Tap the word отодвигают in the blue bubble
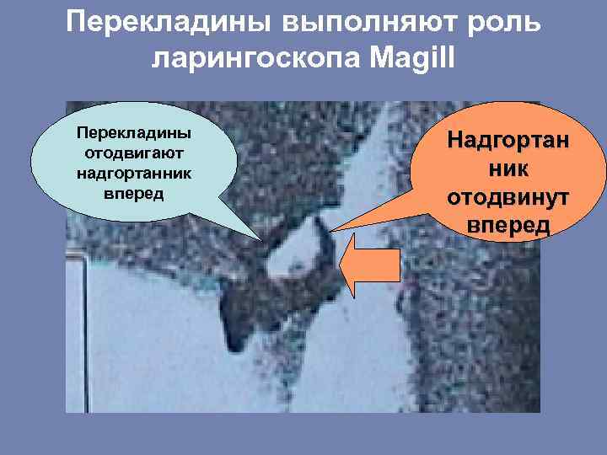coord(134,154)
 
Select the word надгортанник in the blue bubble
coord(134,174)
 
